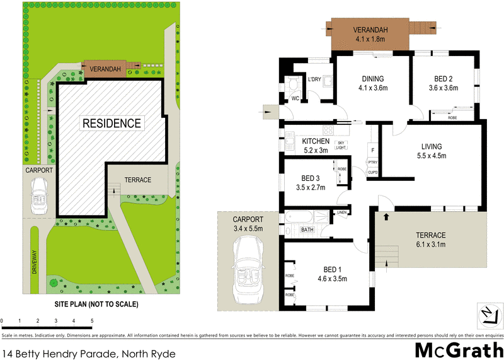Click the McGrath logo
point(459,349)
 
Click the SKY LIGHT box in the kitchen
point(341,145)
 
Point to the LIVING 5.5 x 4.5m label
point(432,152)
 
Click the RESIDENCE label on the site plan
point(112,122)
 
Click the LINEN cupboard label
point(342,213)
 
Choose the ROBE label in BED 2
point(452,117)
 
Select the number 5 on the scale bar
point(92,322)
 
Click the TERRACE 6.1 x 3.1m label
point(431,240)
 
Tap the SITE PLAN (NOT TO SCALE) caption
point(97,304)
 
